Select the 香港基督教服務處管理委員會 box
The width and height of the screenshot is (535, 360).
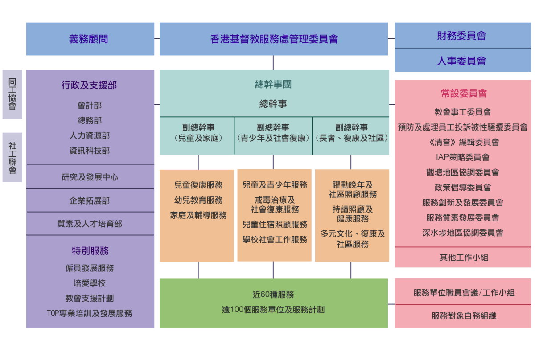[274, 39]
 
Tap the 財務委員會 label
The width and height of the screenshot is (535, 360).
[462, 36]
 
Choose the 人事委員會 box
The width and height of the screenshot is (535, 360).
[462, 61]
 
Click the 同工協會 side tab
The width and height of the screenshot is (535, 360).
[12, 94]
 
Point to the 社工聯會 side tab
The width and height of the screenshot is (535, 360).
[12, 157]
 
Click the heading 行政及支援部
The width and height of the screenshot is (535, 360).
[89, 85]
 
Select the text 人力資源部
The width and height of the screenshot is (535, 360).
[89, 135]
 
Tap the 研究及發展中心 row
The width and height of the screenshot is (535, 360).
[90, 177]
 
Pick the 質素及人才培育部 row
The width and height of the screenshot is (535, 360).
[90, 224]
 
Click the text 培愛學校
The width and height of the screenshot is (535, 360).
[90, 283]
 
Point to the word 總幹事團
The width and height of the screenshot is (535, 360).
[273, 84]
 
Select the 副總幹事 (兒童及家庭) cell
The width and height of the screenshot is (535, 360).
[198, 133]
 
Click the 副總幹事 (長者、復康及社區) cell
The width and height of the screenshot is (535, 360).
[351, 133]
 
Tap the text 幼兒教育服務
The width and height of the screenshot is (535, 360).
[198, 200]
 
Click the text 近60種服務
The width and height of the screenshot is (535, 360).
[273, 295]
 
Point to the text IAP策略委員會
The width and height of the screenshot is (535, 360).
[462, 157]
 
